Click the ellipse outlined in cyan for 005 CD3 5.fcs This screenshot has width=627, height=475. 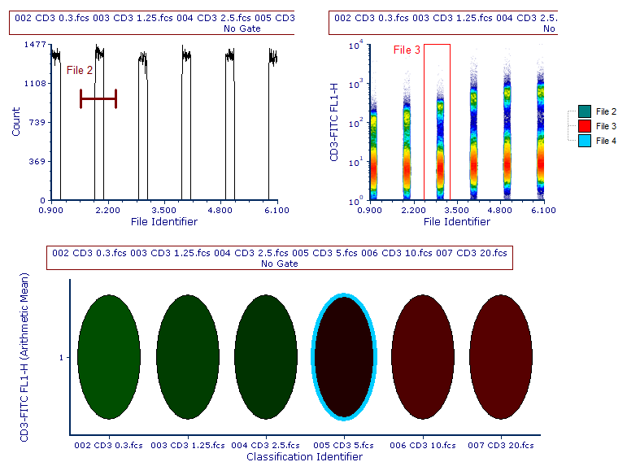click(x=345, y=355)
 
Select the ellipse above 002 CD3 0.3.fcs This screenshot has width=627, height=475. click(x=108, y=355)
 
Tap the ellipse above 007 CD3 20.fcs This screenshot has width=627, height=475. click(x=502, y=355)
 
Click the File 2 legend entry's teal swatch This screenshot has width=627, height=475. click(x=584, y=111)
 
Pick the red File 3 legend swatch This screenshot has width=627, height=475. click(x=584, y=126)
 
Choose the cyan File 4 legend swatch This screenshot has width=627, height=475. click(x=584, y=141)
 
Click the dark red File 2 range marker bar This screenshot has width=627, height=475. click(x=98, y=99)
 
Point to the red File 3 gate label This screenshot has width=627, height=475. click(x=407, y=50)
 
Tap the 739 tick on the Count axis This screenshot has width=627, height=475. click(x=36, y=122)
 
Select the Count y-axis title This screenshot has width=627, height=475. click(x=17, y=122)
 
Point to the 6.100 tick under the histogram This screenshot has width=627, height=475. click(x=277, y=211)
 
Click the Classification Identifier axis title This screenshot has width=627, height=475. click(x=304, y=457)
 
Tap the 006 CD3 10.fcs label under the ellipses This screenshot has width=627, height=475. click(x=423, y=446)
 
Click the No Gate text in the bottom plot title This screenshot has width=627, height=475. click(x=280, y=264)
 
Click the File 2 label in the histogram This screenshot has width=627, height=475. click(x=80, y=71)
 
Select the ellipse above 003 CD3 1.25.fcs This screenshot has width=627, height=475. click(x=187, y=355)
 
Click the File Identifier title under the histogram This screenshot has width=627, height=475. click(x=163, y=221)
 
